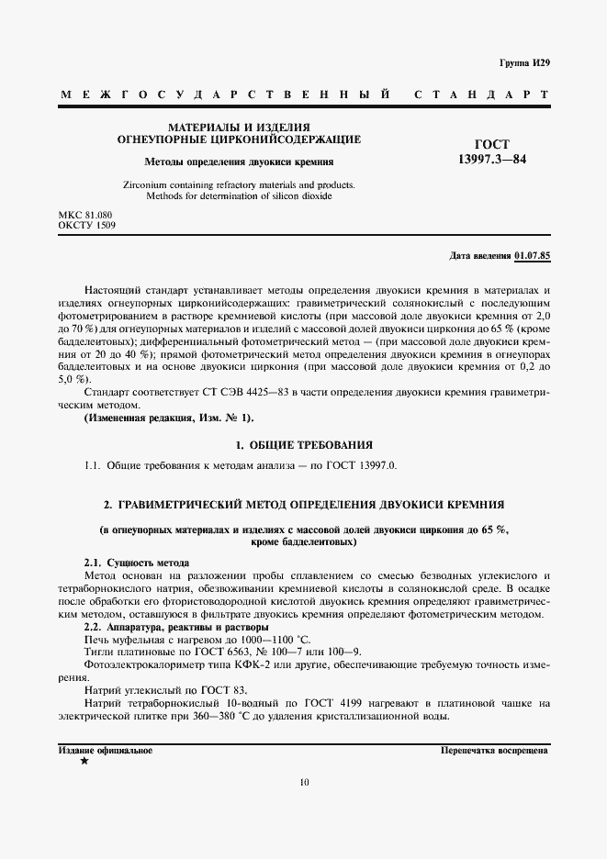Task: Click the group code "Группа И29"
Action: [x=524, y=62]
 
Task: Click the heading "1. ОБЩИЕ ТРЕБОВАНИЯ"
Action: [x=303, y=445]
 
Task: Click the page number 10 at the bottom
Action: [x=304, y=783]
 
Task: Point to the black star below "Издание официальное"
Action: [x=84, y=762]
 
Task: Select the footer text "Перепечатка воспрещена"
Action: [x=494, y=750]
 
